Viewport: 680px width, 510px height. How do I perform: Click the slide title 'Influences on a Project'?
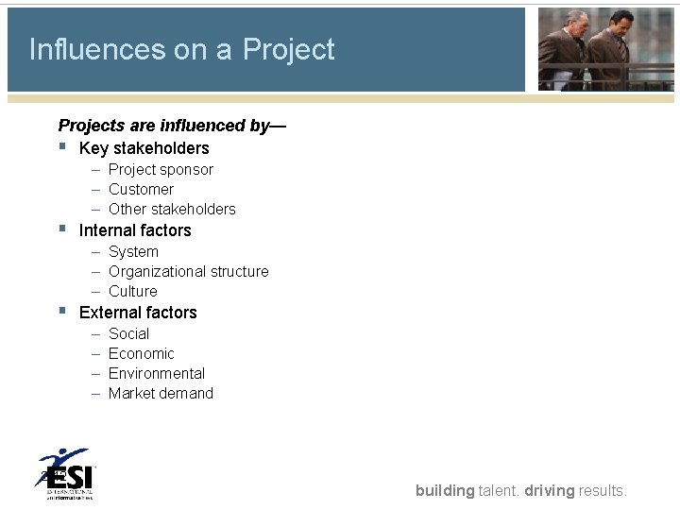pos(181,49)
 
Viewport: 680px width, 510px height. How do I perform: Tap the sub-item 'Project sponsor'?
pos(161,170)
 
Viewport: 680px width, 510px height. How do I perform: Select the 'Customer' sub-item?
pos(141,190)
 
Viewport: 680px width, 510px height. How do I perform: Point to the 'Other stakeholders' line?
pos(172,210)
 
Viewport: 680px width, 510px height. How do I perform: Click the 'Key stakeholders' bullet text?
pos(144,148)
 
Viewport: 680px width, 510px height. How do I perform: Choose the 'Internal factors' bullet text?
pos(135,230)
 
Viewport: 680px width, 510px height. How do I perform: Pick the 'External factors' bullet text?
pos(138,313)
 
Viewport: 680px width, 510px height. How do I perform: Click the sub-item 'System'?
pos(133,252)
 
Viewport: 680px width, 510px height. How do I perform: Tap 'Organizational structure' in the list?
pos(188,272)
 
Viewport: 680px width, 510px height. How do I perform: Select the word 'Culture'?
pos(132,292)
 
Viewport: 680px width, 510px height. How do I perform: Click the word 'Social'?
pos(128,334)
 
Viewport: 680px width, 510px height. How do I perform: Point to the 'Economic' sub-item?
pos(141,354)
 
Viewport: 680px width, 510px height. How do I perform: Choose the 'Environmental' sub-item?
pos(156,374)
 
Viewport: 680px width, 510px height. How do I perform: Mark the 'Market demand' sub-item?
pos(161,394)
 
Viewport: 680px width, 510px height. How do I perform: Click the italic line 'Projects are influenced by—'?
pos(172,126)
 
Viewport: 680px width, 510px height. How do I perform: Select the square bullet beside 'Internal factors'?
pos(62,229)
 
